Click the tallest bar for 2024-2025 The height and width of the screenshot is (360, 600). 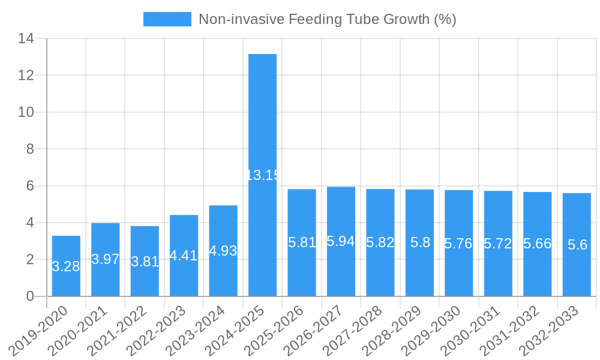coord(263,120)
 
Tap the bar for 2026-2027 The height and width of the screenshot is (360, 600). coord(341,270)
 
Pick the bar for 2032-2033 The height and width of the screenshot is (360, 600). coord(577,270)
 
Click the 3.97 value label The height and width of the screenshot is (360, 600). coord(106,259)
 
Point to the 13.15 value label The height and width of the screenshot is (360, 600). coord(263,175)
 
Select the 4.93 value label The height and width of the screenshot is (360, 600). coord(223,251)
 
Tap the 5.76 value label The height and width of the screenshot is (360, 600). coord(458,244)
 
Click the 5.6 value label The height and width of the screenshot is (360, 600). coord(577,245)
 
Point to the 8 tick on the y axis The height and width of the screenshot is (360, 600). coord(30,149)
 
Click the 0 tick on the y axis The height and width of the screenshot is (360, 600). coord(30,296)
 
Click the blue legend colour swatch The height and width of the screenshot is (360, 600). coord(167,19)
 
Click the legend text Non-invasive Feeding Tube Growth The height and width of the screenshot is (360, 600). coord(327,19)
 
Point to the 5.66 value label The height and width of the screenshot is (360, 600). coord(537,244)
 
